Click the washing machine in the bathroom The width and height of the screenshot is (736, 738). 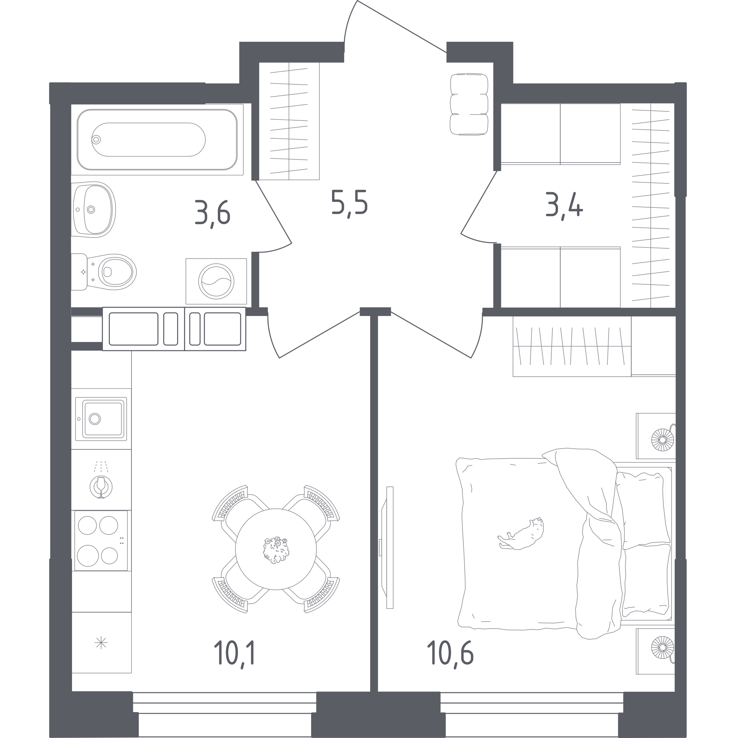(216, 281)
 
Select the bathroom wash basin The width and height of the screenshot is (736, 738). (94, 209)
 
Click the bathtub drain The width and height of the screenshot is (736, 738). (96, 140)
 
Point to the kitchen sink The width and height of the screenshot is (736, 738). (101, 419)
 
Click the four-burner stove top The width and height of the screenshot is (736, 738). (101, 541)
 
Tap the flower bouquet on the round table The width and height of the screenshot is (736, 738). (276, 551)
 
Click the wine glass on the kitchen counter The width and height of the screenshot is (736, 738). (101, 487)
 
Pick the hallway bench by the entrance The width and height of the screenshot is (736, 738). (469, 104)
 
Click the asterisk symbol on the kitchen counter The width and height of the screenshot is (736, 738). (101, 643)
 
